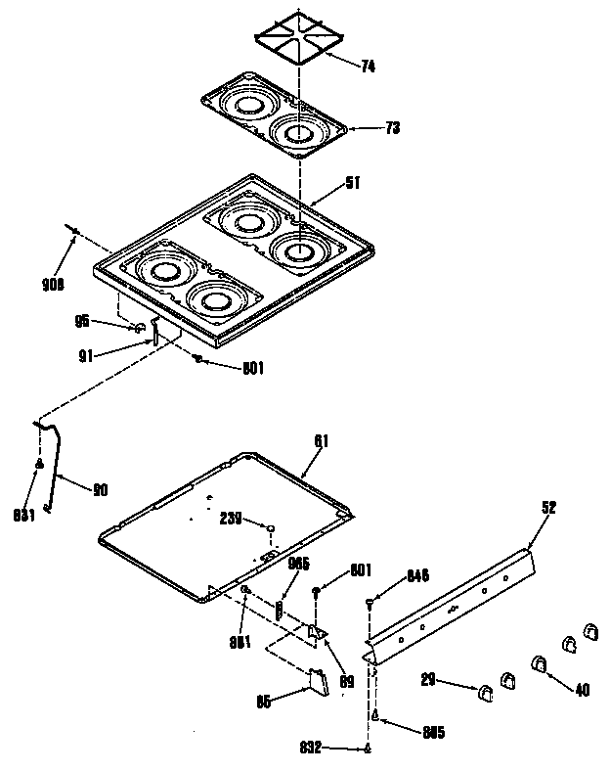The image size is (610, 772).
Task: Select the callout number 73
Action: click(x=365, y=128)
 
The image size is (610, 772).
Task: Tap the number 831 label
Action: click(x=25, y=517)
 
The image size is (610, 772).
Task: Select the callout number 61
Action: click(x=321, y=442)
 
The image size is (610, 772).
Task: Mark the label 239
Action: click(x=231, y=521)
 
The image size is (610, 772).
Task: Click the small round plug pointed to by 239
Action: click(x=270, y=528)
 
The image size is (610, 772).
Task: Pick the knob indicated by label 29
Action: click(x=484, y=695)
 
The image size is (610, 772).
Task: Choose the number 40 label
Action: click(x=583, y=690)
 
